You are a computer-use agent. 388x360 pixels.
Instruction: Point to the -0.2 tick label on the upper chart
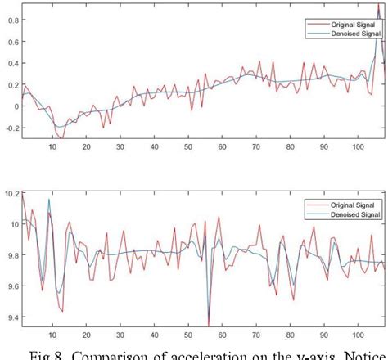point(6,129)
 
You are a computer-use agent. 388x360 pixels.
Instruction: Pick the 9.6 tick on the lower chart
point(7,286)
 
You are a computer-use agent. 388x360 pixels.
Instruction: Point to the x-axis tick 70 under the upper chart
point(255,147)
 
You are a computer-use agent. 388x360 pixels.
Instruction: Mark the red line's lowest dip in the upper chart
point(62,138)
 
